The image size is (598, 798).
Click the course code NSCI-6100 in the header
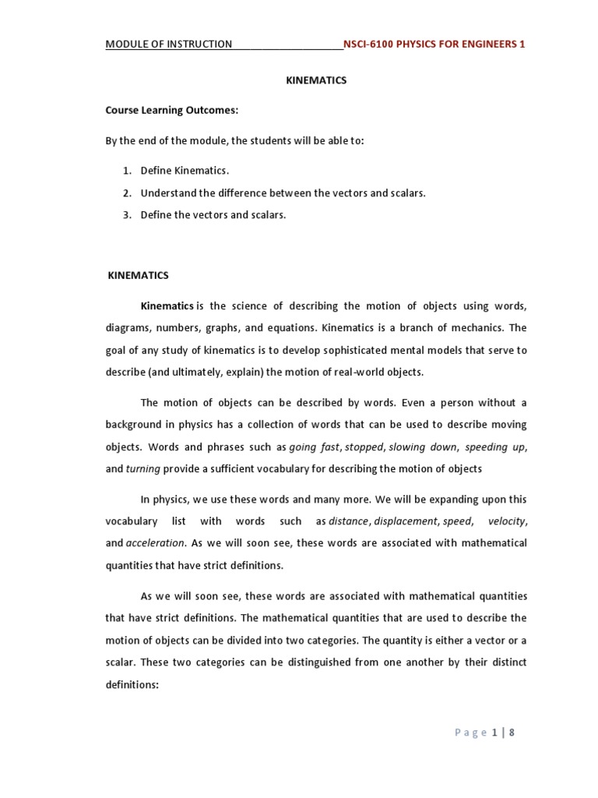(x=370, y=44)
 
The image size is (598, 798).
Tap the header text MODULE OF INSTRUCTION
(x=169, y=44)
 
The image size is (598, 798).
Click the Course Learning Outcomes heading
(x=171, y=110)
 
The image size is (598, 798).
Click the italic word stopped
(x=364, y=447)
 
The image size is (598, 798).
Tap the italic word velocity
(x=506, y=521)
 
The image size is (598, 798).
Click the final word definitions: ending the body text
(x=132, y=684)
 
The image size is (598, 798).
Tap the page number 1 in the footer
(x=494, y=732)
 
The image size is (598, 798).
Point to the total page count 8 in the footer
(x=512, y=732)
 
